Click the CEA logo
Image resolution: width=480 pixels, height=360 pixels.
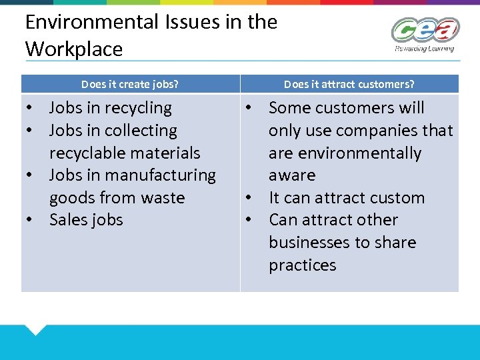point(425,31)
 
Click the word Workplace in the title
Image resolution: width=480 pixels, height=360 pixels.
point(74,49)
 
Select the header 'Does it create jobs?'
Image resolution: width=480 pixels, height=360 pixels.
point(130,84)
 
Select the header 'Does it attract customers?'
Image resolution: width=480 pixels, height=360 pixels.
point(349,84)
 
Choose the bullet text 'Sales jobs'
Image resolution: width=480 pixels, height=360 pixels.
point(86,220)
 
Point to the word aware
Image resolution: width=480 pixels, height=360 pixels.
point(292,175)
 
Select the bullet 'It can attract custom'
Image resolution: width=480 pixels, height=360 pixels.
point(346,198)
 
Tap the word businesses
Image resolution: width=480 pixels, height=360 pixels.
point(309,243)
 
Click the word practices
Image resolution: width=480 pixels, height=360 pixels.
point(302,265)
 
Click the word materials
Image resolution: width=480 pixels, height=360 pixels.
point(166,153)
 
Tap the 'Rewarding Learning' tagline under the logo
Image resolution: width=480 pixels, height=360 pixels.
point(425,48)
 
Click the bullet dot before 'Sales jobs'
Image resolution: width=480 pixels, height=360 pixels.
point(31,220)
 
